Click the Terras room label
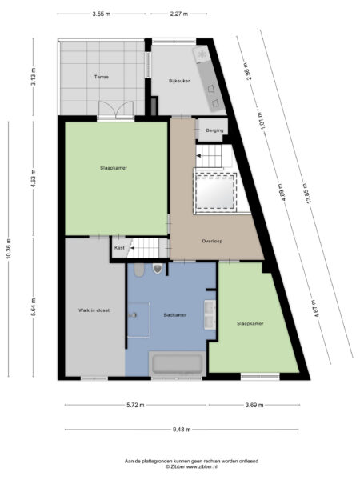pyautogui.click(x=100, y=77)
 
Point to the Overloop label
pyautogui.click(x=211, y=240)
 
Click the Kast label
pyautogui.click(x=119, y=248)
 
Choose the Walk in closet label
pyautogui.click(x=94, y=310)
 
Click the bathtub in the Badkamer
pyautogui.click(x=178, y=364)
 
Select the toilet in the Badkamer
pyautogui.click(x=157, y=269)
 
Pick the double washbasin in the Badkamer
pyautogui.click(x=209, y=314)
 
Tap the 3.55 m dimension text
pyautogui.click(x=101, y=14)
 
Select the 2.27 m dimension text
pyautogui.click(x=179, y=14)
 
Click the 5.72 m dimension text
pyautogui.click(x=135, y=406)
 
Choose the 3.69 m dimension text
pyautogui.click(x=254, y=406)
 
